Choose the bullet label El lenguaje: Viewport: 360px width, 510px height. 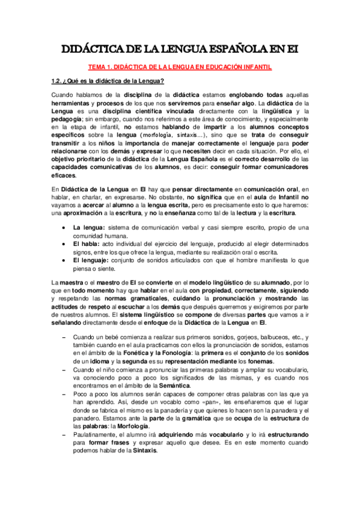pos(91,260)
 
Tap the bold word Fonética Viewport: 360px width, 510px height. pos(145,353)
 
